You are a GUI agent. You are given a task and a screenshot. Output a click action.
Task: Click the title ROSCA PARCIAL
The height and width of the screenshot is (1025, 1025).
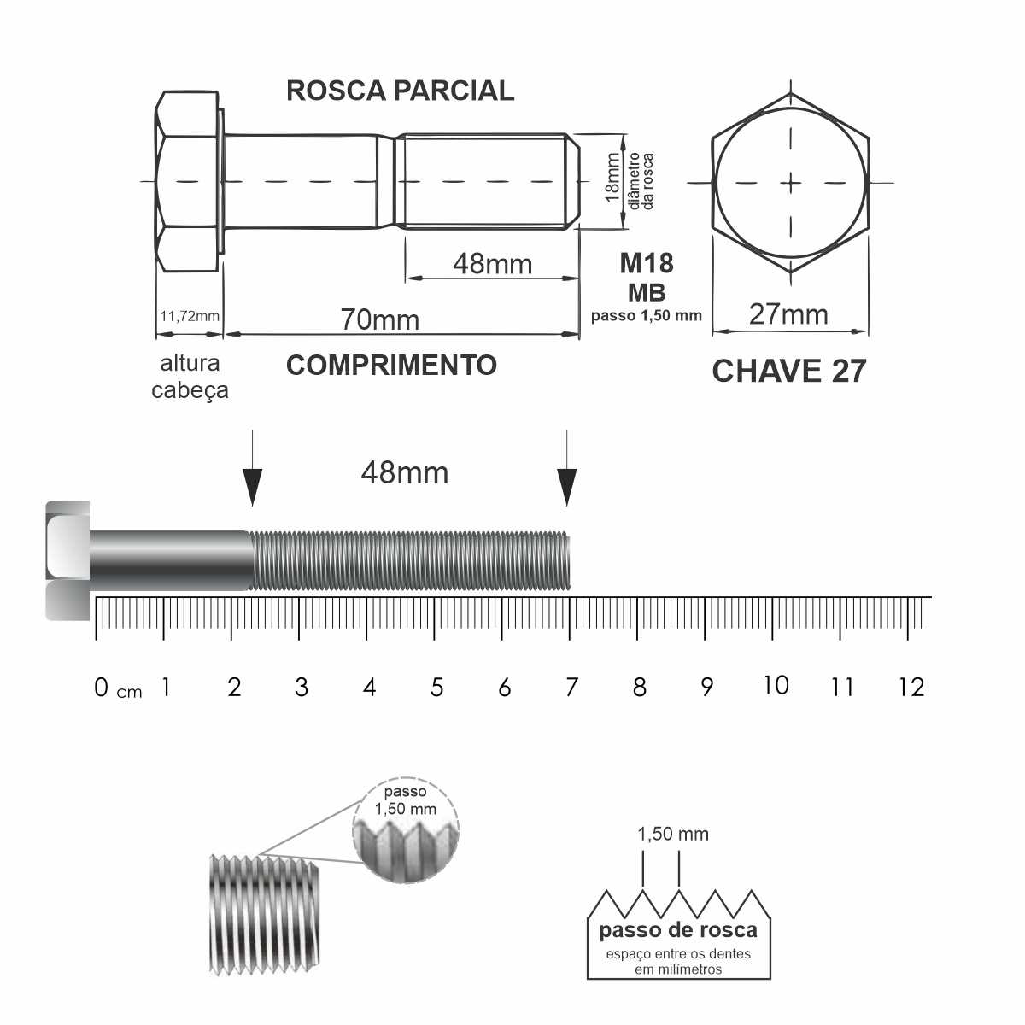400,91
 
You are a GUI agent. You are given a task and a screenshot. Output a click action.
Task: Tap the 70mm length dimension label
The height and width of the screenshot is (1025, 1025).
379,319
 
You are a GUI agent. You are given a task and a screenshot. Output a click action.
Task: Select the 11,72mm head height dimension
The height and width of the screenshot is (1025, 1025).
190,317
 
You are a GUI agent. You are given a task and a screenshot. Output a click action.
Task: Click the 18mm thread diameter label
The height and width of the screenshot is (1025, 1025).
612,177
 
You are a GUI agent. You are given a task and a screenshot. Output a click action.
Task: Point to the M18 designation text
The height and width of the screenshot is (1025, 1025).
647,263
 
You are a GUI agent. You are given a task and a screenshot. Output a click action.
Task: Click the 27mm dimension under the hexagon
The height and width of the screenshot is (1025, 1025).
788,314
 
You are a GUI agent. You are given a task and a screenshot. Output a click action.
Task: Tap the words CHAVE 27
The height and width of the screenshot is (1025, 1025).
789,371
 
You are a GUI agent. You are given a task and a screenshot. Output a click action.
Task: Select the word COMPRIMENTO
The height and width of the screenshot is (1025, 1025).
391,366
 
